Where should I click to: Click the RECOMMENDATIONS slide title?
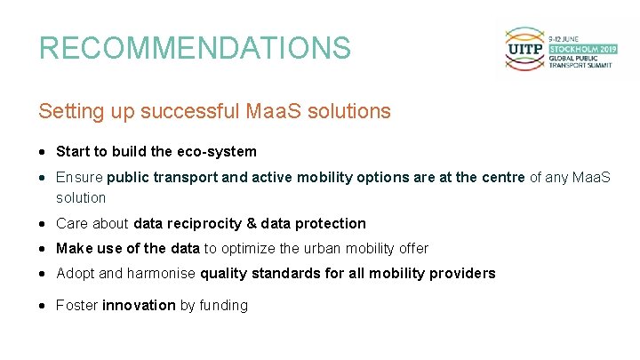(195, 48)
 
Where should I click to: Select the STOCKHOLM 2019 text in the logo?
(582, 49)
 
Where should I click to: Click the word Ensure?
(79, 178)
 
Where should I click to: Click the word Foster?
(77, 306)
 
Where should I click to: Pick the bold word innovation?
(139, 306)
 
